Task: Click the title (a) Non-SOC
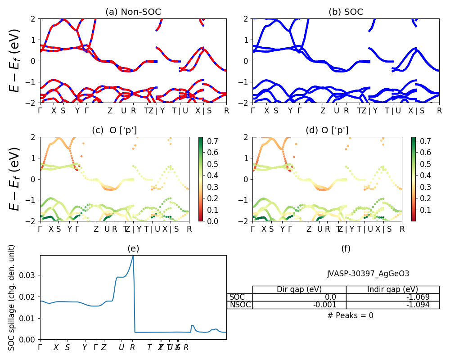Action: click(x=133, y=12)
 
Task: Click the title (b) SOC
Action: click(x=346, y=12)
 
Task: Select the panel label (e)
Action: click(x=133, y=248)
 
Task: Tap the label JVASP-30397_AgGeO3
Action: click(x=368, y=274)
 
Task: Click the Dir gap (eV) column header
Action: click(x=299, y=289)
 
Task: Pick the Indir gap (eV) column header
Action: click(x=392, y=289)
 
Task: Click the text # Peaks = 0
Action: click(x=351, y=315)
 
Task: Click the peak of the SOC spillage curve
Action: click(x=133, y=256)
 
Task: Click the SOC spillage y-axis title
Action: click(x=12, y=297)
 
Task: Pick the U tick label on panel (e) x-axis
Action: click(x=121, y=347)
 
